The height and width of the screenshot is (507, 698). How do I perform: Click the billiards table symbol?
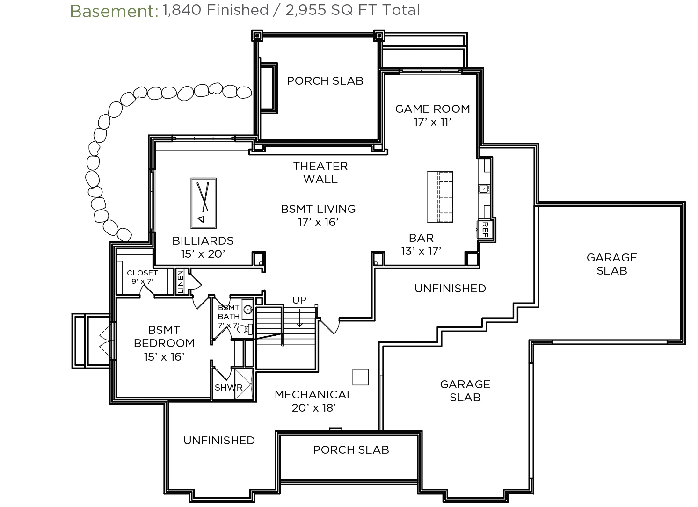(204, 203)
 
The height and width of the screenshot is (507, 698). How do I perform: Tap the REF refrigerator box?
(485, 230)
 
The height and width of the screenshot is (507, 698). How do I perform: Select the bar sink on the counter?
(484, 188)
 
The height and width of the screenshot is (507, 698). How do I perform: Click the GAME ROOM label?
(433, 109)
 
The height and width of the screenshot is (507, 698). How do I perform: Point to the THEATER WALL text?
(320, 172)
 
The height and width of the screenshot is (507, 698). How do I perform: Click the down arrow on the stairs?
(300, 318)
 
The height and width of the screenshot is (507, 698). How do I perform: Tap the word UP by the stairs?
(299, 300)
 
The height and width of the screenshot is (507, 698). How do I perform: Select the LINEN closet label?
(180, 282)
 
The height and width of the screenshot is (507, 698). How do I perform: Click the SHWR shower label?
(228, 387)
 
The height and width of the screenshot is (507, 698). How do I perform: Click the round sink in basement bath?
(248, 310)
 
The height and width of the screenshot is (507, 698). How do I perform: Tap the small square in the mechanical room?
(361, 377)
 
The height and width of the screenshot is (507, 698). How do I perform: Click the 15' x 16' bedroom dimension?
(164, 357)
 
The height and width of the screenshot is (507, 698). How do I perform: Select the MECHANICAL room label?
(314, 394)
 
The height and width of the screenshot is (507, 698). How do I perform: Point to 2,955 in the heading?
(305, 10)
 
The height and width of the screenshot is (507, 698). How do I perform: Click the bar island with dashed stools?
(440, 197)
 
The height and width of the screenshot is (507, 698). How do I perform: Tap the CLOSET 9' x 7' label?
(142, 277)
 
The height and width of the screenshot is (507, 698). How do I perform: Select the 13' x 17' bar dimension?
(422, 251)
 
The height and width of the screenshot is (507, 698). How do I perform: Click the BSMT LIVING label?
(318, 209)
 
